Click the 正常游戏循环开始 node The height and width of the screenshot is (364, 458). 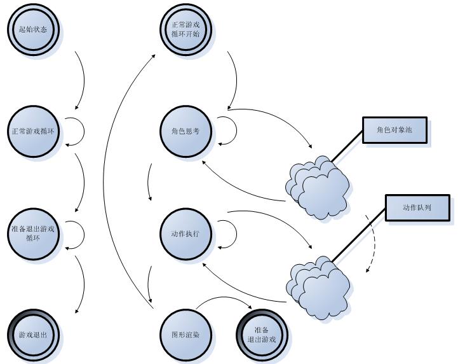click(185, 29)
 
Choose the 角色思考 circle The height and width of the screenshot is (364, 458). click(185, 132)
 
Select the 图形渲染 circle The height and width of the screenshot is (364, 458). click(185, 334)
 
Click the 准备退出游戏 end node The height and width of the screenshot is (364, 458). click(261, 335)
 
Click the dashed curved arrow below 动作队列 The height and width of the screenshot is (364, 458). click(372, 244)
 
